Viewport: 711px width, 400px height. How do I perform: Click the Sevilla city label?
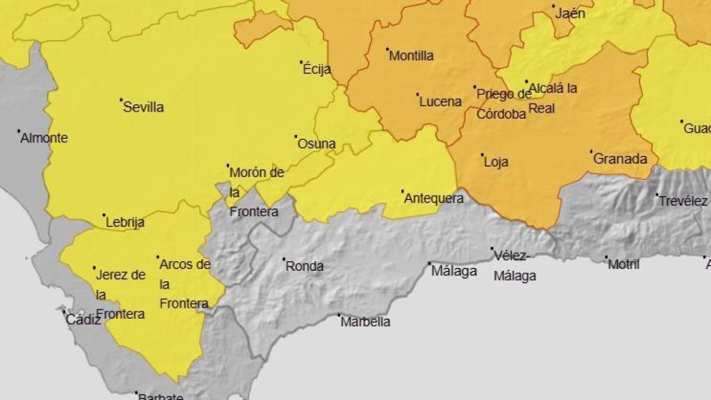coord(143,108)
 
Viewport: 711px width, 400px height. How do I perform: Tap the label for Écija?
coord(317,69)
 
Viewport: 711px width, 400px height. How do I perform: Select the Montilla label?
coord(411,56)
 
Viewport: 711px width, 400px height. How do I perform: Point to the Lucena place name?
coord(440,102)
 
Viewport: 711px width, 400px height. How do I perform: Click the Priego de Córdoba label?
coord(503,104)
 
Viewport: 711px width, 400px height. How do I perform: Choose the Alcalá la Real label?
coord(553,98)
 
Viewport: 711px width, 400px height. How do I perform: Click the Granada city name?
coord(620,159)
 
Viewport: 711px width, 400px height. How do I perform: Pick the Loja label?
coord(496,162)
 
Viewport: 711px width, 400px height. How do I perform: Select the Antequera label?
coord(434,199)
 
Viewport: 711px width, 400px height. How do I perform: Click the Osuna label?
coord(317,144)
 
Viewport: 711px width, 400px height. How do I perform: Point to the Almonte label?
coord(44,138)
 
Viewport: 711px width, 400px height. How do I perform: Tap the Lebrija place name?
coord(126,223)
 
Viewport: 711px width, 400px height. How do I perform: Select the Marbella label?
coord(365,322)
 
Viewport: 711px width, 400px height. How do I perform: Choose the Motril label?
coord(624,265)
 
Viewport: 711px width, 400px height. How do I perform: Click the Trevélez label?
coord(683,201)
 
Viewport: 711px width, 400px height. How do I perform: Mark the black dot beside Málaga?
coord(428,264)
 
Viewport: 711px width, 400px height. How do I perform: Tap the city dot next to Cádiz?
coord(64,310)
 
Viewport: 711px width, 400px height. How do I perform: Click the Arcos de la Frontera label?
coord(185,283)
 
